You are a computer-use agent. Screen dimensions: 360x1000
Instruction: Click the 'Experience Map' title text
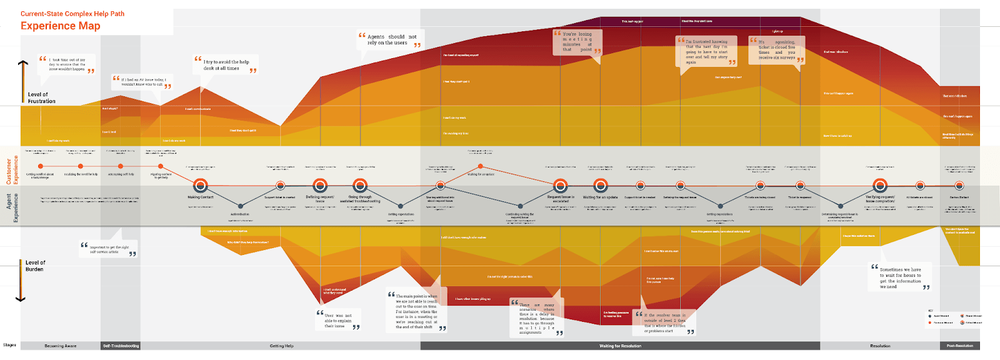coord(61,26)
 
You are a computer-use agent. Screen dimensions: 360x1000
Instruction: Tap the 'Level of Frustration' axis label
coord(41,97)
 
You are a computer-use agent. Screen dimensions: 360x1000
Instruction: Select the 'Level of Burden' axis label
coord(35,266)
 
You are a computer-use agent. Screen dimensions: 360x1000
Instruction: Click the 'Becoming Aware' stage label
coord(61,346)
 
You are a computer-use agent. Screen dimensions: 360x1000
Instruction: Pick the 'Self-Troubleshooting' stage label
coord(121,346)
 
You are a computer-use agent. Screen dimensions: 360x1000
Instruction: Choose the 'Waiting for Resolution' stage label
coord(620,346)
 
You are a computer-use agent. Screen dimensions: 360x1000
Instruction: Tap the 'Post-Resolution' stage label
coord(959,346)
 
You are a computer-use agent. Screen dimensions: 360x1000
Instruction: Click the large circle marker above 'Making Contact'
coord(201,186)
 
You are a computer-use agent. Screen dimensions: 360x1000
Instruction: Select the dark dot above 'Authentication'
coord(240,206)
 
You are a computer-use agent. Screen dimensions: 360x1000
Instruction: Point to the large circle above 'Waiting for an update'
coord(601,186)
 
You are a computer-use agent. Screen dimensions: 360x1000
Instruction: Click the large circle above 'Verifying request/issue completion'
coord(880,186)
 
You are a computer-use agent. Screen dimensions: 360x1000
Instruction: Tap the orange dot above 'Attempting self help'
coord(121,166)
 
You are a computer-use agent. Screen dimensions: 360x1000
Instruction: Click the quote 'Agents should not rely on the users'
coord(391,40)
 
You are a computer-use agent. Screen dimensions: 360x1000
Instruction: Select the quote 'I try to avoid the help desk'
coord(226,65)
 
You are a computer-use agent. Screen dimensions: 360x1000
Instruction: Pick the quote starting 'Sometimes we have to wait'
coord(901,277)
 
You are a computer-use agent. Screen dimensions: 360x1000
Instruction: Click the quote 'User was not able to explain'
coord(337,321)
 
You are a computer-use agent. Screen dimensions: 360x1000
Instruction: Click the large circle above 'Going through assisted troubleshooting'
coord(360,186)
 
